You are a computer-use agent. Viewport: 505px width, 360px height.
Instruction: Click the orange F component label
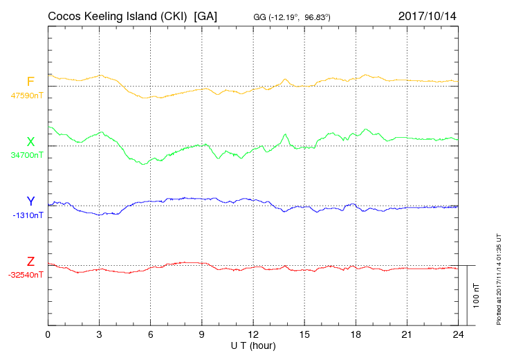(30, 82)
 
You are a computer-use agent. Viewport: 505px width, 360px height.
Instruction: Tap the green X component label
(30, 142)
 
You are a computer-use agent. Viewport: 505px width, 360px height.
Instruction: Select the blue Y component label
(30, 201)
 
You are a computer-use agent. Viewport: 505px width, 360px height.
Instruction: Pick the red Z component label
(30, 262)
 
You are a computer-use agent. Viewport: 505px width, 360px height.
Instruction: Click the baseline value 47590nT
(27, 96)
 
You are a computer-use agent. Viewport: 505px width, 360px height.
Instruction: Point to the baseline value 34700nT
(27, 155)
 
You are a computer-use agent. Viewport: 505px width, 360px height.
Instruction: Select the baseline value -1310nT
(28, 215)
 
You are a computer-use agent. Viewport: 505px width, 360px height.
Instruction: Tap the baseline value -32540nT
(26, 275)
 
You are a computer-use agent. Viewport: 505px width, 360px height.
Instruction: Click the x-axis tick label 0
(48, 335)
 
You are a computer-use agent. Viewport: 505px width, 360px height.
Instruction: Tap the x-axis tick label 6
(151, 335)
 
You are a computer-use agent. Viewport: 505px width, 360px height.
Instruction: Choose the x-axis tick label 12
(253, 335)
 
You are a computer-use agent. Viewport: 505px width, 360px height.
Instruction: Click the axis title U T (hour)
(253, 345)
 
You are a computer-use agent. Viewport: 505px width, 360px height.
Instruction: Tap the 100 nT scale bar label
(477, 295)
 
